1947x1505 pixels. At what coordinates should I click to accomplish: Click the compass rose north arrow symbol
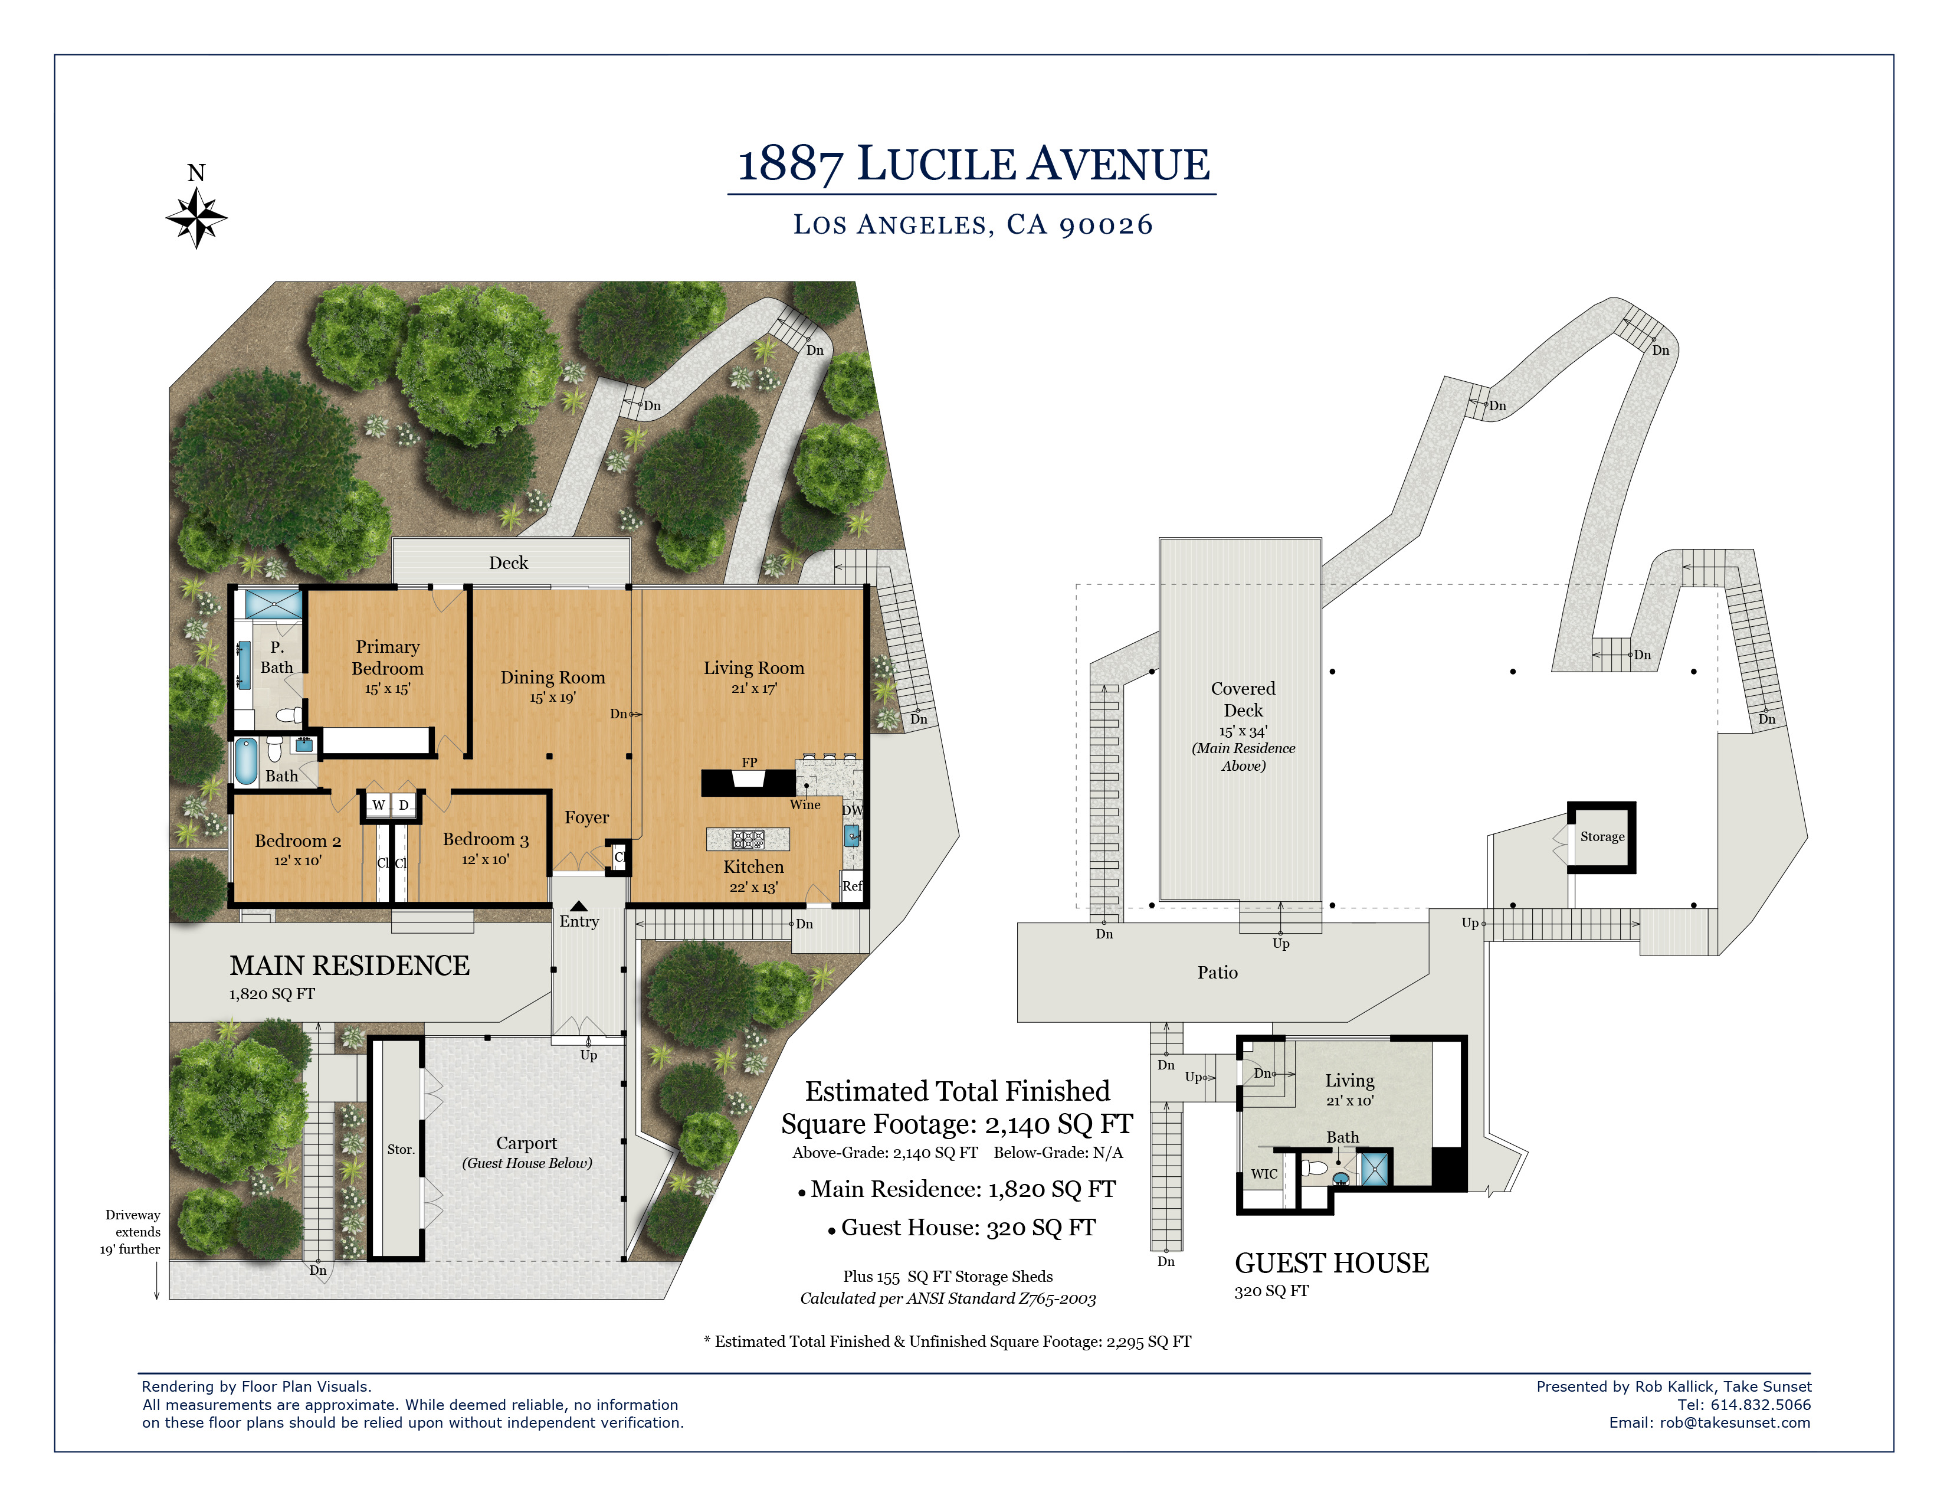[x=196, y=217]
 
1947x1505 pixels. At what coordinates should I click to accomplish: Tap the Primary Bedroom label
[x=388, y=657]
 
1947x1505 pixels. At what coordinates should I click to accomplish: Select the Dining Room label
[x=553, y=678]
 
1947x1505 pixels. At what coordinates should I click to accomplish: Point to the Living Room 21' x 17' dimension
[x=754, y=688]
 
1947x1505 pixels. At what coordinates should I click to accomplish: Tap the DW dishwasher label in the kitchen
[x=853, y=810]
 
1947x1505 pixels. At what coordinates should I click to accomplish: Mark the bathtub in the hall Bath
[x=246, y=761]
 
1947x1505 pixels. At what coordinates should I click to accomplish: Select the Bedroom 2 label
[x=298, y=841]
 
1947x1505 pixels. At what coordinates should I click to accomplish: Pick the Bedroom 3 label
[x=486, y=839]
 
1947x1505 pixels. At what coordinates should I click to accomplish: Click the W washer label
[x=378, y=805]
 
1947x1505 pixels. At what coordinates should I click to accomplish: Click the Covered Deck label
[x=1244, y=699]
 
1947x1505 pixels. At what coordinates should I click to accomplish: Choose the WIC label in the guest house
[x=1264, y=1173]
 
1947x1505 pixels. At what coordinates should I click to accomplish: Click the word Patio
[x=1218, y=972]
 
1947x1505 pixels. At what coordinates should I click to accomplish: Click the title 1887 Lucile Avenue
[x=973, y=164]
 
